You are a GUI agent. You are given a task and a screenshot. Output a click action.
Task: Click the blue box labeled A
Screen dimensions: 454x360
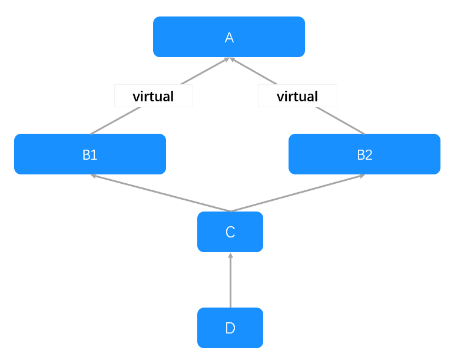tap(228, 37)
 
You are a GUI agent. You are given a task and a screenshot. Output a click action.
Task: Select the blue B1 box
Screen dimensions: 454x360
tap(90, 154)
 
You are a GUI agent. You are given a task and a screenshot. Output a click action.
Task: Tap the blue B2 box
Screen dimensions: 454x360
tap(364, 154)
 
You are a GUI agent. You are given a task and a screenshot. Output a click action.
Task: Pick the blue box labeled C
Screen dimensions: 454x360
tap(230, 232)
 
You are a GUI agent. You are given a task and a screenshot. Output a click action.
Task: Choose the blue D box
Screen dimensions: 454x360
tap(230, 328)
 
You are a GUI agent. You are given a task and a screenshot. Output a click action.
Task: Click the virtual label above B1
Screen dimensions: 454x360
tap(154, 96)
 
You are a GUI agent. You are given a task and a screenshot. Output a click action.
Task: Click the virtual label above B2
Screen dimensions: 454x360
tap(297, 96)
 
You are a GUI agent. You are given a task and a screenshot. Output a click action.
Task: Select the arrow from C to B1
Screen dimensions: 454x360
tap(161, 193)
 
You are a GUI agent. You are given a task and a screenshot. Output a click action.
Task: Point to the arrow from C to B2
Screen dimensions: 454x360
tap(297, 193)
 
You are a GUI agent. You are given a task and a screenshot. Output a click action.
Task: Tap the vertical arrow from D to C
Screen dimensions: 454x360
tap(230, 280)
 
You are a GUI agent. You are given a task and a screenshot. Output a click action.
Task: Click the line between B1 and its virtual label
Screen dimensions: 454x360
tap(115, 121)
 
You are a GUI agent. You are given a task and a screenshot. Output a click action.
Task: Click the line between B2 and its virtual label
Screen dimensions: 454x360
tap(340, 121)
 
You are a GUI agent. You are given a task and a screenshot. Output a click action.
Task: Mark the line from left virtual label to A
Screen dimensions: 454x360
tap(204, 71)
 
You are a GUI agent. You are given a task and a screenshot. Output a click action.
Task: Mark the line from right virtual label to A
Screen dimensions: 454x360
tap(254, 71)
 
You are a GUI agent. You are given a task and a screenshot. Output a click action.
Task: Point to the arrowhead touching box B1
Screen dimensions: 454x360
tap(93, 176)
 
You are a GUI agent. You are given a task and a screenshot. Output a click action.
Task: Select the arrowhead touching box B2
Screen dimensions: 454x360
tap(362, 176)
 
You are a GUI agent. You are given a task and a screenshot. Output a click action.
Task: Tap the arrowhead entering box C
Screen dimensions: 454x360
tap(230, 255)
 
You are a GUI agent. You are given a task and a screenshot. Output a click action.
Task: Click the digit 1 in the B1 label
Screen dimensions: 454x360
tap(94, 155)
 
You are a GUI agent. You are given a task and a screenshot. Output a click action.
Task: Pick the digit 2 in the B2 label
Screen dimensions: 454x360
tap(369, 155)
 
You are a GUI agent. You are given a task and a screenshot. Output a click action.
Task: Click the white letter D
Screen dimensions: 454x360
tap(230, 328)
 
